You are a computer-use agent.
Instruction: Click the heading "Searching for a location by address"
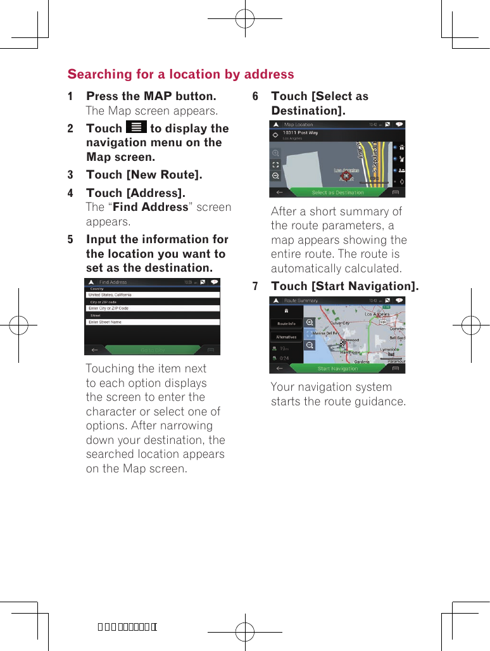click(180, 74)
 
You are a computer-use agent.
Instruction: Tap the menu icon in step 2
click(136, 127)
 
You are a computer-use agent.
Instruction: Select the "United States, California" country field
click(153, 295)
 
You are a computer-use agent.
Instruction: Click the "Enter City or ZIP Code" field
click(153, 308)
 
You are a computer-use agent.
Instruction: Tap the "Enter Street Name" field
click(153, 322)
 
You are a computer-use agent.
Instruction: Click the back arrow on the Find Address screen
click(94, 350)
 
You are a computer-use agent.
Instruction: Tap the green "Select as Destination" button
click(337, 193)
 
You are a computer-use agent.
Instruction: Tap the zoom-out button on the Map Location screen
click(276, 175)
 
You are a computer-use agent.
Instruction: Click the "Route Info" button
click(286, 324)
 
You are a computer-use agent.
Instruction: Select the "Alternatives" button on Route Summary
click(286, 337)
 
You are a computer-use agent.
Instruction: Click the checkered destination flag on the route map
click(344, 346)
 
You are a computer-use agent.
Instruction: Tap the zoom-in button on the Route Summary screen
click(310, 322)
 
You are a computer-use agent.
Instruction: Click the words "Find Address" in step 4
click(150, 207)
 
